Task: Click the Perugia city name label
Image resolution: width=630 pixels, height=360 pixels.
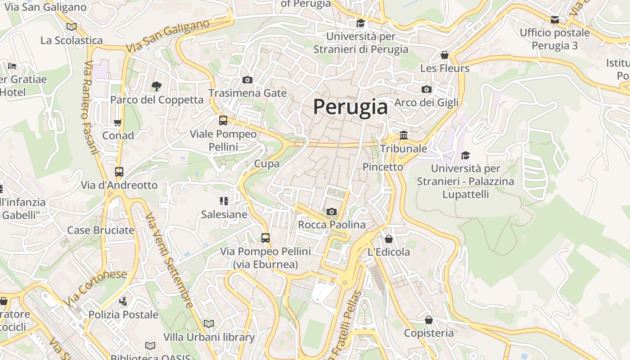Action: (x=350, y=107)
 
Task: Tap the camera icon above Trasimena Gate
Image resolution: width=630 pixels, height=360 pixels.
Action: (x=247, y=80)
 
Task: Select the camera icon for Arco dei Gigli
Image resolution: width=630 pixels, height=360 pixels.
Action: (x=426, y=90)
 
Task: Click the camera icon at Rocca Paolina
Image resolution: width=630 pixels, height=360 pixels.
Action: (x=331, y=211)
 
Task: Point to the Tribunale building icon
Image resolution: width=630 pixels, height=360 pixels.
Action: (x=404, y=135)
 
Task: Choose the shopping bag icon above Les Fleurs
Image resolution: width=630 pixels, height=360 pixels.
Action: (x=445, y=55)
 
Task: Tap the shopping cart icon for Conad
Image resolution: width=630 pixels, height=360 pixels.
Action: (x=118, y=122)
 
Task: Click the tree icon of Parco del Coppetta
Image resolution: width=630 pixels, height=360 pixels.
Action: (x=157, y=86)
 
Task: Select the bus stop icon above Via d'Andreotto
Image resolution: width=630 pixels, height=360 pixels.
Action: (x=119, y=172)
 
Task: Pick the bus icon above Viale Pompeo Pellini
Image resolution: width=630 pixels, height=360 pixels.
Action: (x=223, y=121)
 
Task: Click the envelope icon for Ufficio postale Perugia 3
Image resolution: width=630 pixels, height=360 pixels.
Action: (x=554, y=20)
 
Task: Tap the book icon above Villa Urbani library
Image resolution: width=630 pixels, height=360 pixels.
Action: (x=209, y=324)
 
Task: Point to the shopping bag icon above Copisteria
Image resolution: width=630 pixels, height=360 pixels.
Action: (x=428, y=320)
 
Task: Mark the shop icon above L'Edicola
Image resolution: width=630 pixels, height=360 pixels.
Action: (x=388, y=239)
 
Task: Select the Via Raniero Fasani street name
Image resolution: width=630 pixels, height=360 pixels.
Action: (x=90, y=108)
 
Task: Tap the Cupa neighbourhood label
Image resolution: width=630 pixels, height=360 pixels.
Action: (x=267, y=164)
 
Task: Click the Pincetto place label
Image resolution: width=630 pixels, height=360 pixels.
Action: (x=383, y=167)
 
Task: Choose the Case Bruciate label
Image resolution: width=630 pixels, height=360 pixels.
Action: (x=101, y=230)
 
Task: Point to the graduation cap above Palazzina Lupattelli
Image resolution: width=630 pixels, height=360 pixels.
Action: (x=465, y=155)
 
